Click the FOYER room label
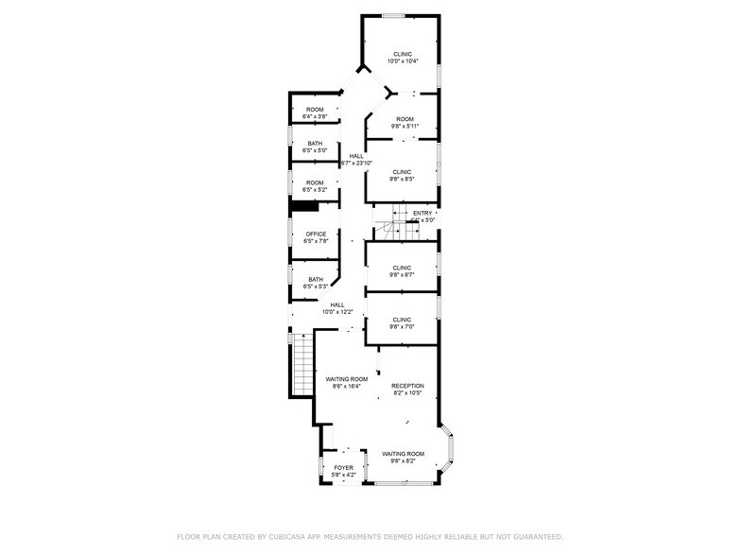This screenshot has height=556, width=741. (x=343, y=467)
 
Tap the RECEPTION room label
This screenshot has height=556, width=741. (x=408, y=386)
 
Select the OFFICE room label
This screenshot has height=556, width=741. (x=316, y=234)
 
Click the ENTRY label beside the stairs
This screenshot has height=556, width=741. (x=422, y=213)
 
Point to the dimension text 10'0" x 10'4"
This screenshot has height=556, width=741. (x=403, y=61)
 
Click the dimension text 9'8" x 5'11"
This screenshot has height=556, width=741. (x=405, y=126)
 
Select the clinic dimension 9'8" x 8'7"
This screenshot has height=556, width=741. (x=403, y=275)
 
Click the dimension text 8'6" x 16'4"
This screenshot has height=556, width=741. (x=347, y=386)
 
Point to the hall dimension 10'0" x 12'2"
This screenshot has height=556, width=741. (x=337, y=312)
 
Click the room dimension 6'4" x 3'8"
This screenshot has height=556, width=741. (x=315, y=117)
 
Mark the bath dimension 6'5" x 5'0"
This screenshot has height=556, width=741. (x=315, y=150)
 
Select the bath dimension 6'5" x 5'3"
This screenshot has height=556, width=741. (x=315, y=287)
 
